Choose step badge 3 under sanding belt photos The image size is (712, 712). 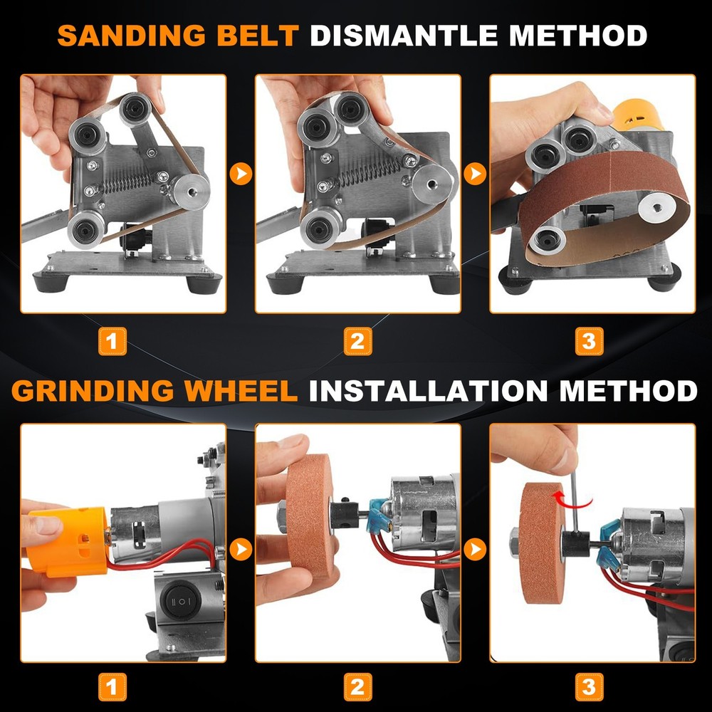click(x=588, y=341)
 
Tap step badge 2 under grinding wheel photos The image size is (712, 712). click(x=357, y=687)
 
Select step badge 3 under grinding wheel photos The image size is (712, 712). click(x=588, y=687)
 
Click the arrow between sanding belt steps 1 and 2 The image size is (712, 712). click(x=242, y=173)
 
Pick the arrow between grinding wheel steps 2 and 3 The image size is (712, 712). click(x=476, y=549)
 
